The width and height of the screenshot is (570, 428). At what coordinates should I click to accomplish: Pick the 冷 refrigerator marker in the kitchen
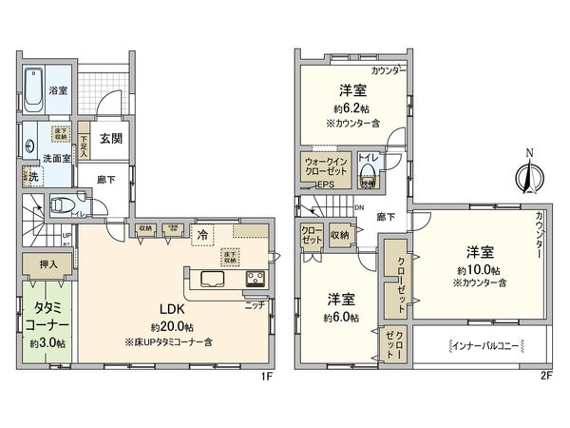click(202, 234)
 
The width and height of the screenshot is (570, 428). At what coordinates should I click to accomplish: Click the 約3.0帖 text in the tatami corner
click(47, 342)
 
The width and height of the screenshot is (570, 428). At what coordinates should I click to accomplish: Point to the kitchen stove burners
click(256, 279)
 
